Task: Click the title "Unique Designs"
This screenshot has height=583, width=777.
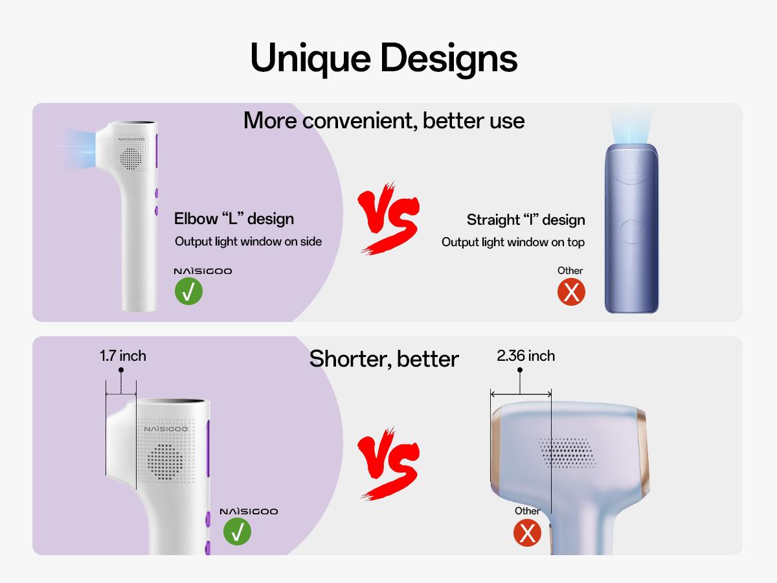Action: pos(384,58)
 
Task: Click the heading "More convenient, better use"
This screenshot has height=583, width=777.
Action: pos(384,120)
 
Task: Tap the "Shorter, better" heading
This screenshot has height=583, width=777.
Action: pos(384,358)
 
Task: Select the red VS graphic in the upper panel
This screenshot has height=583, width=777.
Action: pos(388,217)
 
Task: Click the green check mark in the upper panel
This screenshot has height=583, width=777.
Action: pos(188,291)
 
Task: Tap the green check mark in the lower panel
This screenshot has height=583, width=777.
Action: pos(237,532)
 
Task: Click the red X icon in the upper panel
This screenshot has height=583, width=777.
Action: pos(571,291)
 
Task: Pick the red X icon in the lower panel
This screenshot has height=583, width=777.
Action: pos(527,533)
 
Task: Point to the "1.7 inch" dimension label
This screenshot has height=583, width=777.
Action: pos(123,356)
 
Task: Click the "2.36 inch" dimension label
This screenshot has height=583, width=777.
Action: pos(526,356)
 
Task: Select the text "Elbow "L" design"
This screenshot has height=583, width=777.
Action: pos(234,218)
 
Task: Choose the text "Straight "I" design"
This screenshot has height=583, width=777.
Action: pos(526,220)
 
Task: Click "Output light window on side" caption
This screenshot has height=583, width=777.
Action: pos(248,242)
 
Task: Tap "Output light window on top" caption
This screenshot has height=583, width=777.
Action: pos(513,242)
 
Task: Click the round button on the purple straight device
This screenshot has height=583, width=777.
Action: pos(631,231)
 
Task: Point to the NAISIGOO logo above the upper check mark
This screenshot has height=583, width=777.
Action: pos(203,271)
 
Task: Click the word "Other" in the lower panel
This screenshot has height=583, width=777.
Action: pos(527,511)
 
